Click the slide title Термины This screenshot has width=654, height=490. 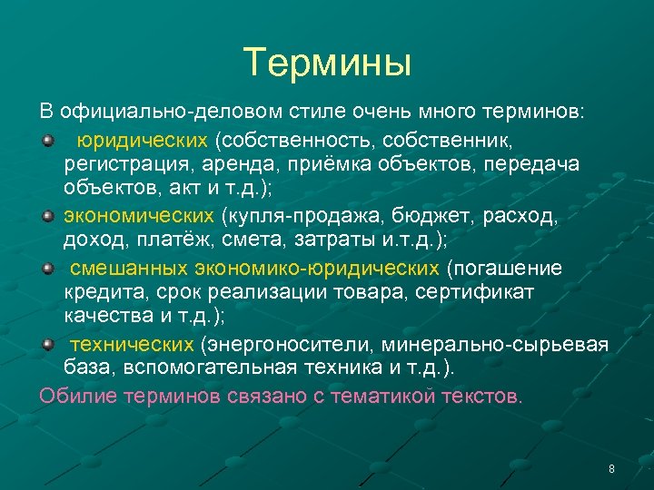(x=327, y=62)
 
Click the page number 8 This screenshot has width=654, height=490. (x=611, y=469)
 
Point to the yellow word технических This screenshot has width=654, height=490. (x=133, y=345)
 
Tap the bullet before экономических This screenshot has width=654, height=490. (x=47, y=218)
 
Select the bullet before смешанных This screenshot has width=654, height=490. (x=47, y=269)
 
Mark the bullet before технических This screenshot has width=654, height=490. (x=47, y=345)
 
